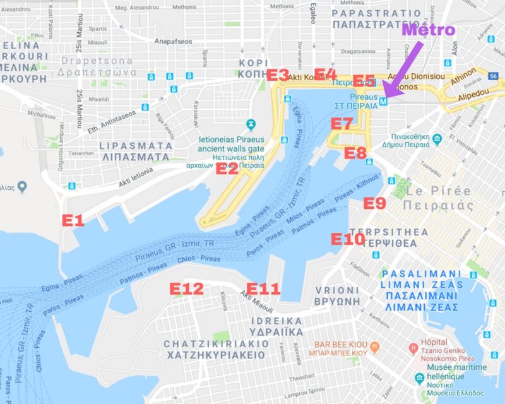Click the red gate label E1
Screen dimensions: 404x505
(73, 220)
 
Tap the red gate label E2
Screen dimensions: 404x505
(227, 168)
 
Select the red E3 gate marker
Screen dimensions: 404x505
(278, 75)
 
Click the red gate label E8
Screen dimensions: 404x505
(355, 153)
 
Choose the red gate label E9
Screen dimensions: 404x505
(374, 203)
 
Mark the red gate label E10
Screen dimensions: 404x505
(348, 239)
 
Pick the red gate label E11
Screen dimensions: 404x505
(263, 289)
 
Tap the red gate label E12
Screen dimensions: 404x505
(187, 289)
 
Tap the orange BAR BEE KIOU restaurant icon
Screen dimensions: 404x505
(375, 345)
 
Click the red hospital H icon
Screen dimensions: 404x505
(413, 347)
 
